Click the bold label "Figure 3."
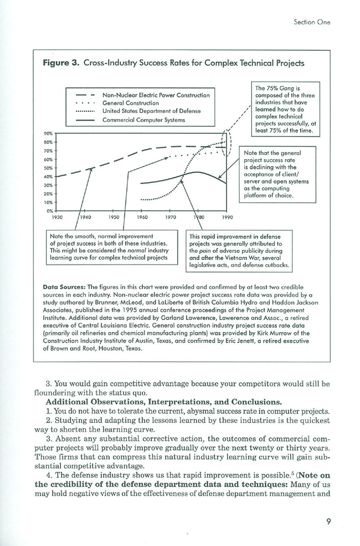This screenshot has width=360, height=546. pyautogui.click(x=62, y=64)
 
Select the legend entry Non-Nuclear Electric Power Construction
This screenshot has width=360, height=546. pyautogui.click(x=156, y=94)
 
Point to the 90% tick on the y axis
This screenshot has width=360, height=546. pyautogui.click(x=50, y=133)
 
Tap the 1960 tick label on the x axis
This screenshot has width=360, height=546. pyautogui.click(x=142, y=217)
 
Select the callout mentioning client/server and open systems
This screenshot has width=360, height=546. pyautogui.click(x=279, y=174)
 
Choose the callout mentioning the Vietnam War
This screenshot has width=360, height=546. pyautogui.click(x=241, y=251)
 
